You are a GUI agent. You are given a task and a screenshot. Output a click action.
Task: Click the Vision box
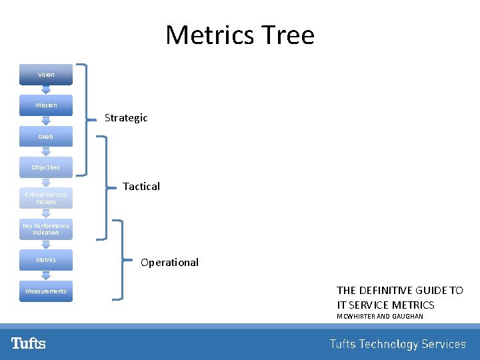tap(46, 75)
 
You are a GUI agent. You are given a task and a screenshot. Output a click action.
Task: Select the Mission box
tap(46, 105)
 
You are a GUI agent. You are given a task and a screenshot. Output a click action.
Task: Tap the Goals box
tap(46, 136)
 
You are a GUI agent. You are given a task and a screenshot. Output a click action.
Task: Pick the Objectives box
tap(46, 167)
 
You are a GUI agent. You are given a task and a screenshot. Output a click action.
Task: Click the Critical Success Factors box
tap(46, 198)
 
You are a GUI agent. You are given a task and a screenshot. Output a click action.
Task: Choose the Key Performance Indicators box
tap(46, 229)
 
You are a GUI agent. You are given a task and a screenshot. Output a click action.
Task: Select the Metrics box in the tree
tap(46, 260)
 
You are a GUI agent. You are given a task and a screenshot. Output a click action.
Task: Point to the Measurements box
tap(46, 291)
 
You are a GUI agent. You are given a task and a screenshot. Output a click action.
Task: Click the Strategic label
tap(126, 118)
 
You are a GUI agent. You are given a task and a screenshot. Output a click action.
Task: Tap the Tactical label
tap(141, 187)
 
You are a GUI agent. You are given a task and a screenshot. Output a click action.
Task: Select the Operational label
tap(169, 263)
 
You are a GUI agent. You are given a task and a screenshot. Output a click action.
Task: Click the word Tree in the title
tap(288, 35)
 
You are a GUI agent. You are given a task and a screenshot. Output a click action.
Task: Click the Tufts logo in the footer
tap(29, 343)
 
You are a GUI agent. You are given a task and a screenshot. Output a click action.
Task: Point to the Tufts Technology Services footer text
tap(397, 344)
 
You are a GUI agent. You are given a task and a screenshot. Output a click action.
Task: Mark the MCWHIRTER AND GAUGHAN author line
tap(380, 316)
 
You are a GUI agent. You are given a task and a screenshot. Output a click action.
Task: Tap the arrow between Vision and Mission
tap(46, 90)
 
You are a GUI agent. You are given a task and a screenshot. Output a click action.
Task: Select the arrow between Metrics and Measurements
tap(46, 275)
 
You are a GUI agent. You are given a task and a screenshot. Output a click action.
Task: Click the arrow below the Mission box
tap(46, 121)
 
